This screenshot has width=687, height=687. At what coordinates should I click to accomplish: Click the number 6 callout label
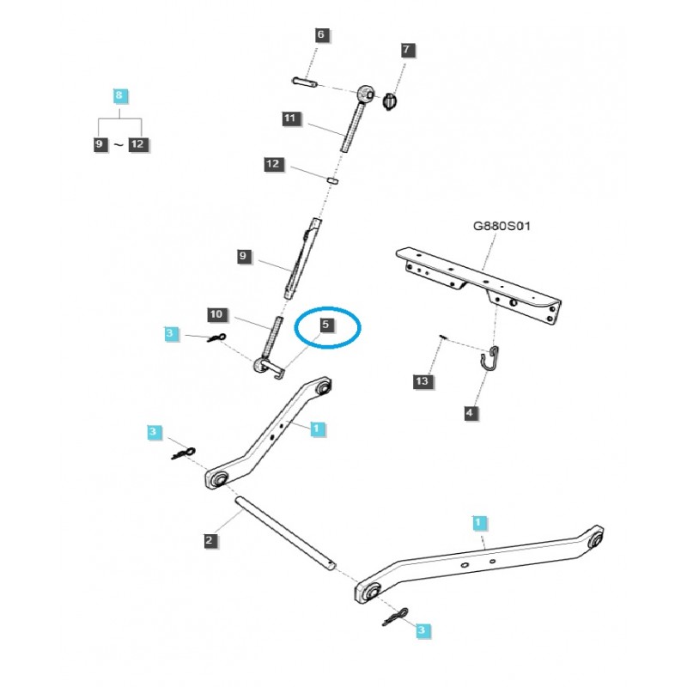click(x=321, y=35)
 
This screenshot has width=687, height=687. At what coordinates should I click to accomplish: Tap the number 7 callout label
click(x=407, y=51)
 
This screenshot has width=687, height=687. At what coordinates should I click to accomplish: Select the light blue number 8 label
click(x=119, y=95)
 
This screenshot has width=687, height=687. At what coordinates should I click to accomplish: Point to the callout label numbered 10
click(x=216, y=315)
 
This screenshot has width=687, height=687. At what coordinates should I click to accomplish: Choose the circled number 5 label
click(x=325, y=325)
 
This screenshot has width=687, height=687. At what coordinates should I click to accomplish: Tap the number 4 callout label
click(x=469, y=414)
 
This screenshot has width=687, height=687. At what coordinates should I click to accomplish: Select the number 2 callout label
click(x=210, y=540)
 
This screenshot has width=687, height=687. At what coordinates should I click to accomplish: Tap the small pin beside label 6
click(x=306, y=82)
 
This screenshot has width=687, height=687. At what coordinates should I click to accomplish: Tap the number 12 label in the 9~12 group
click(x=137, y=144)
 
